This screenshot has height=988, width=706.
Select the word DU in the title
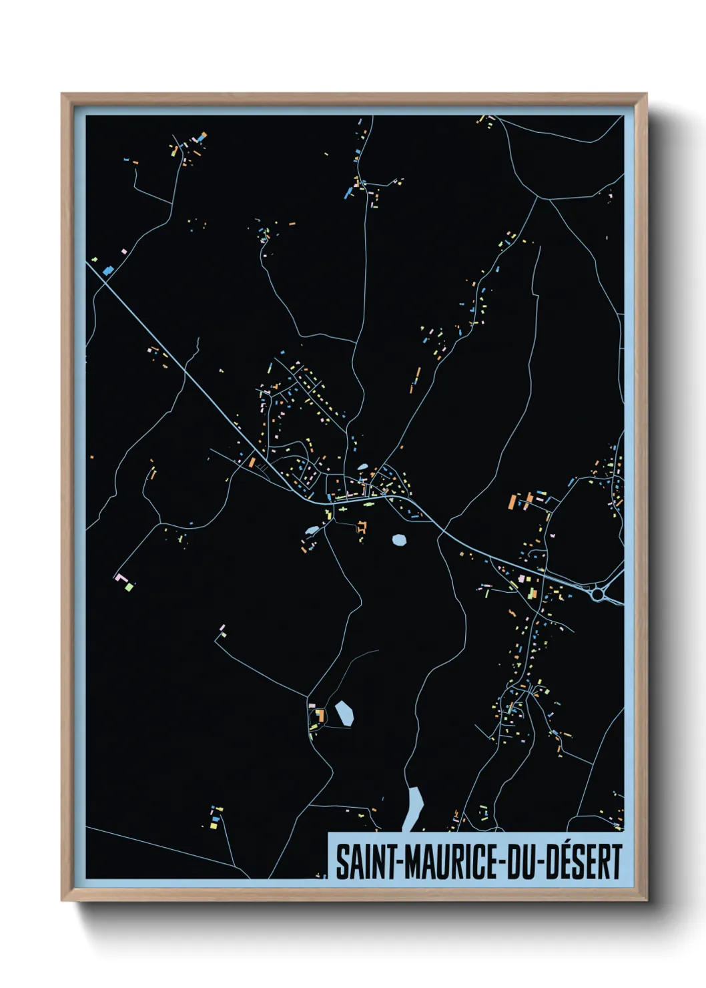tap(521, 862)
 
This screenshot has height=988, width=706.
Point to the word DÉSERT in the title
tap(584, 862)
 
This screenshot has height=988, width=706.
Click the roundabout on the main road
tap(597, 593)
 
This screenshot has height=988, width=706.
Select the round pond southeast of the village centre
tap(399, 539)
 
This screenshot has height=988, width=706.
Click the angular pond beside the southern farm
tap(344, 714)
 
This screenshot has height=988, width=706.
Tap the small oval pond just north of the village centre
tap(362, 467)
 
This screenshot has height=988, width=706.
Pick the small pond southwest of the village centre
tap(311, 531)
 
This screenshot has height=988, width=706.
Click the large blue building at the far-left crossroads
tap(108, 270)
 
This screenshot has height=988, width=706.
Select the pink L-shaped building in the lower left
tap(121, 578)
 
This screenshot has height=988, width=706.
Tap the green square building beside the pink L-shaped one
tap(129, 587)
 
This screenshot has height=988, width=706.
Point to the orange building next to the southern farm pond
tap(320, 716)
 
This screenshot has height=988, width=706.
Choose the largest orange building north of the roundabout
tap(513, 502)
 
